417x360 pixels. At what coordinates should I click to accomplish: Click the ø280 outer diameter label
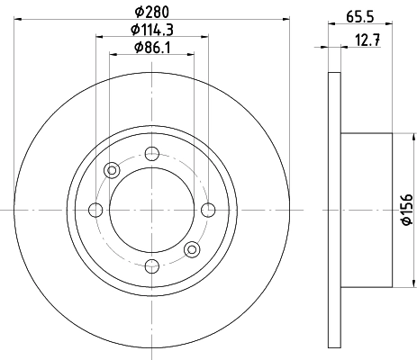[x=151, y=11]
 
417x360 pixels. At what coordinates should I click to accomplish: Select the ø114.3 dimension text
[x=151, y=30]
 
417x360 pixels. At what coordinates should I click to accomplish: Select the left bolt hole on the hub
[x=95, y=210]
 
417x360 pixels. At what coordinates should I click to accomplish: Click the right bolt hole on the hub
[x=208, y=210]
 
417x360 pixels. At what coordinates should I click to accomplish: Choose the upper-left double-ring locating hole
[x=113, y=170]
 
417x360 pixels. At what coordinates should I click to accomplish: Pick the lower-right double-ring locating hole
[x=191, y=249]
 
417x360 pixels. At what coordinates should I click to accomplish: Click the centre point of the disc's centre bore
[x=151, y=210]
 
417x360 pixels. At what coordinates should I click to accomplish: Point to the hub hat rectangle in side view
[x=367, y=210]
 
